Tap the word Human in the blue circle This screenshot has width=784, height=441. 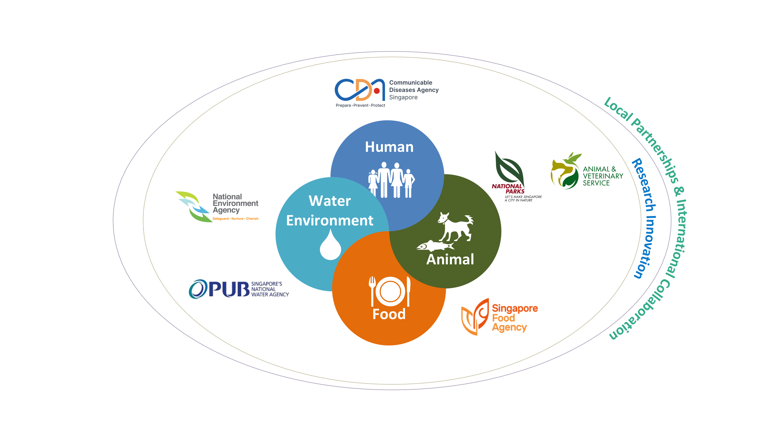389,147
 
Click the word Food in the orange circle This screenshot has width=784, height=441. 389,314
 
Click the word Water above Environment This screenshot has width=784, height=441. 330,201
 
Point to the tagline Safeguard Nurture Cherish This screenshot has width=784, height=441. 235,218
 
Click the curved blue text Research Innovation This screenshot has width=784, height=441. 645,218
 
